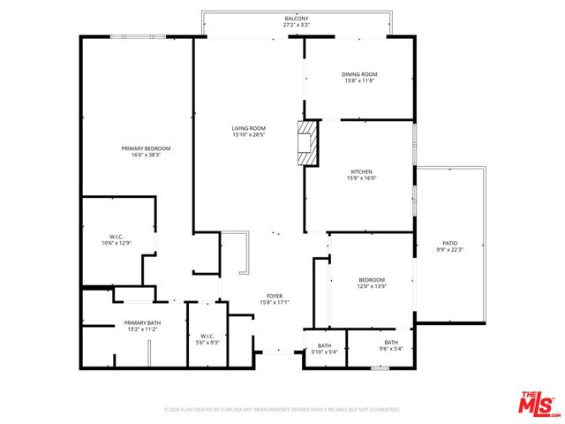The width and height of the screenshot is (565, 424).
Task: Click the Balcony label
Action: tap(297, 19)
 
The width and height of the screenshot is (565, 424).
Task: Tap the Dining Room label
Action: tap(359, 74)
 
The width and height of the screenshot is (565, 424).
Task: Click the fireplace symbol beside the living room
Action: tap(307, 143)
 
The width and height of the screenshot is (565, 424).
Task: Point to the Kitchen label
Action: tap(361, 171)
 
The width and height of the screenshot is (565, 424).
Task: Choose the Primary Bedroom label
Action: tap(146, 148)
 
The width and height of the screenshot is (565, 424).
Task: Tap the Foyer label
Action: tap(275, 297)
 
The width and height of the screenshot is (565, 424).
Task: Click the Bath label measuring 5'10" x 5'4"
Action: tap(324, 346)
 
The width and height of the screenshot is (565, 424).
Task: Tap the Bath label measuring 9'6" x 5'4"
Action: tap(391, 343)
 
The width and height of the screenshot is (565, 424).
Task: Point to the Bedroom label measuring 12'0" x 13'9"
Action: tap(370, 280)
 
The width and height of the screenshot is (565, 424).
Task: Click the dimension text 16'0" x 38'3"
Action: tap(146, 155)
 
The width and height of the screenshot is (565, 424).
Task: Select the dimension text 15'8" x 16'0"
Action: tap(361, 178)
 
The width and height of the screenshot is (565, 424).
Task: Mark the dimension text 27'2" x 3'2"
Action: tap(297, 25)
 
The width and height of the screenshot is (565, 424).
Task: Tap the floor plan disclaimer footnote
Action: tap(282, 410)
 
